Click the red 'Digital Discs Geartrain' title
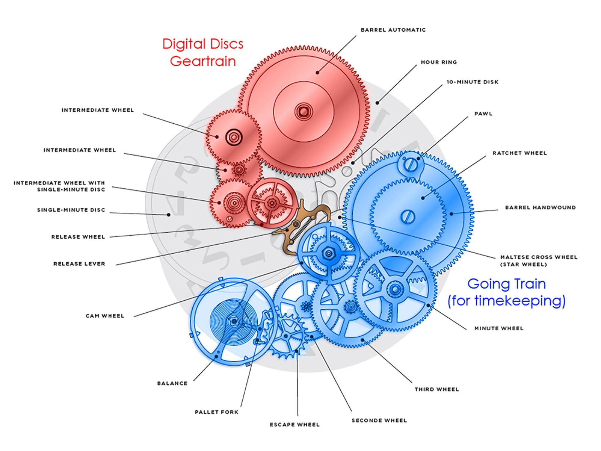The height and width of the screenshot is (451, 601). [203, 53]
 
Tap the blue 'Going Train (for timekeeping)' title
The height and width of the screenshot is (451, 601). [506, 292]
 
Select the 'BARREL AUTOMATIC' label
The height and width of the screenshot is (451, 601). [393, 30]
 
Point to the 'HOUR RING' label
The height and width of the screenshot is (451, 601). [438, 62]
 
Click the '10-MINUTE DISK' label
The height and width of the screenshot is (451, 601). [472, 82]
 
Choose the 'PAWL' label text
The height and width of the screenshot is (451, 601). [483, 114]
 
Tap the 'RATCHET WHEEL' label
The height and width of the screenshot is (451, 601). [519, 153]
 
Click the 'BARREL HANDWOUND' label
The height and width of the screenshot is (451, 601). [540, 207]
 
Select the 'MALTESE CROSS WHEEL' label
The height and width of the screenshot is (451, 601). [538, 257]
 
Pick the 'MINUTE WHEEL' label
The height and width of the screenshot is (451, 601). [498, 328]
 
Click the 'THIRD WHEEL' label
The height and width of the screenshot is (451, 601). [436, 389]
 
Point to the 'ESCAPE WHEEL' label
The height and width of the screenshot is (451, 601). [294, 425]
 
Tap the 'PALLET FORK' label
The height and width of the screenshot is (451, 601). [216, 412]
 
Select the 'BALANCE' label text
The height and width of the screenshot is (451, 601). [172, 383]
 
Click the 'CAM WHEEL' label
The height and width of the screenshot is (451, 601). [105, 316]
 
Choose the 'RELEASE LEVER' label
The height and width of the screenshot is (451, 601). [79, 264]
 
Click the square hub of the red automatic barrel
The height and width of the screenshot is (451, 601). [303, 111]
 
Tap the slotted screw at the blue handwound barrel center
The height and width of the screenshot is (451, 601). [407, 217]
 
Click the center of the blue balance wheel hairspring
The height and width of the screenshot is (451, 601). [233, 321]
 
